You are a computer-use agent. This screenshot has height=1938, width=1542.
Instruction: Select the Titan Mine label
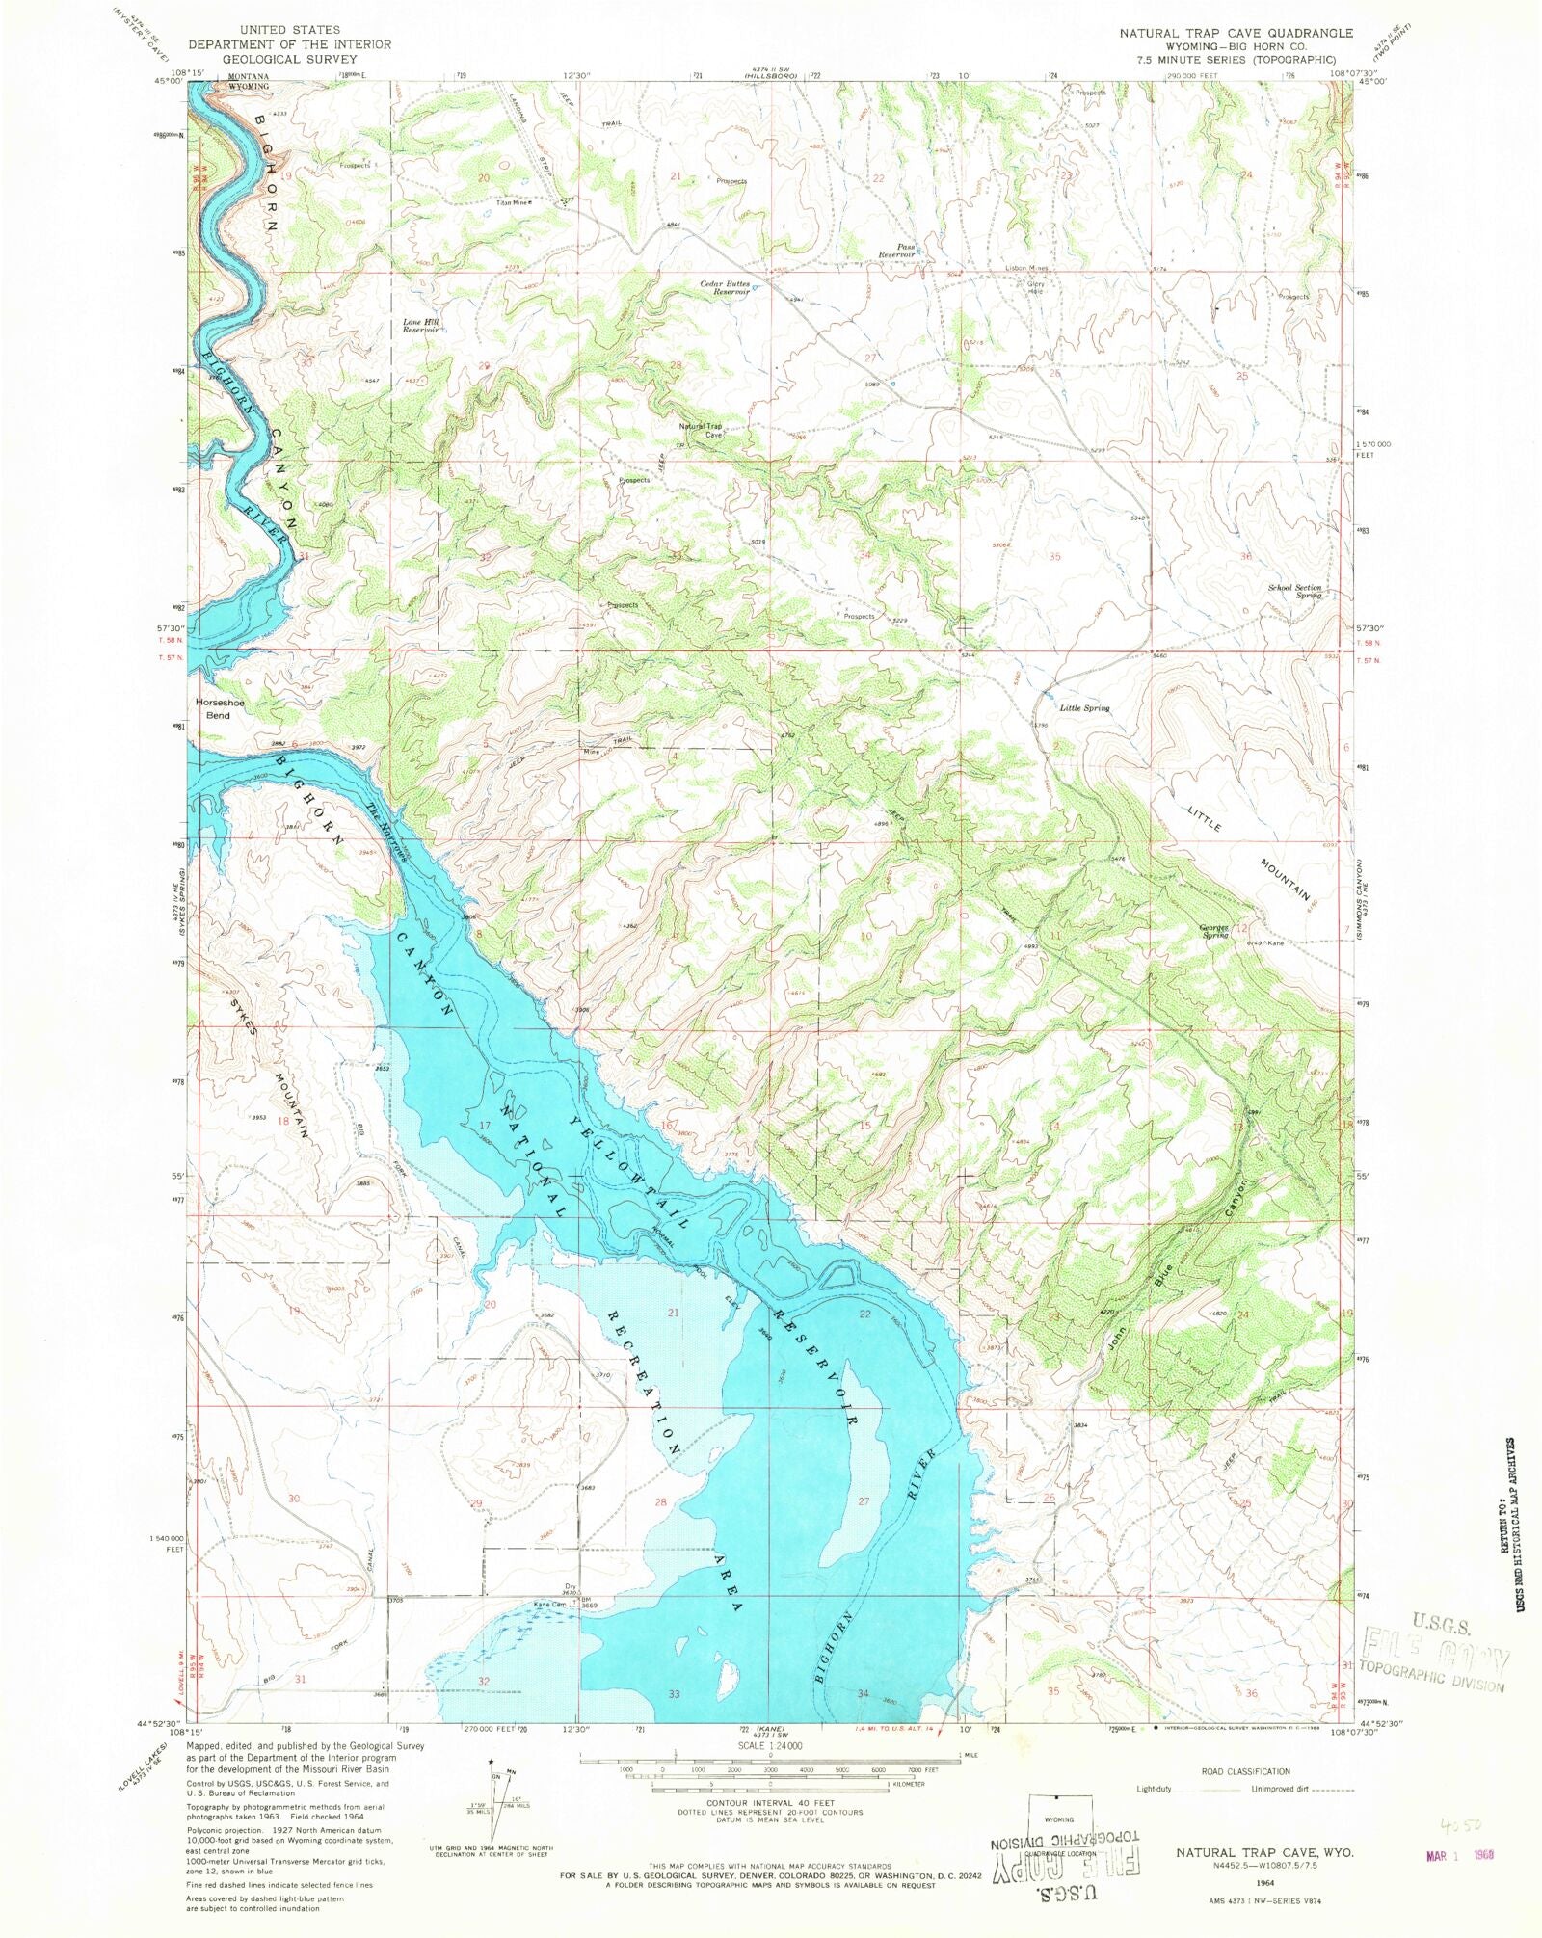(514, 203)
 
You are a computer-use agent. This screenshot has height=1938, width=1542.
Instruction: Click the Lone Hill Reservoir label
(421, 325)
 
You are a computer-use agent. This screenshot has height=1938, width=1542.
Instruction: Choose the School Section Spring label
(1294, 591)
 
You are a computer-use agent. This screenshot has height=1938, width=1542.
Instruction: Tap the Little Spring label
(1084, 708)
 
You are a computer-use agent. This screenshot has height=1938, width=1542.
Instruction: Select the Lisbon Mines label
(1025, 268)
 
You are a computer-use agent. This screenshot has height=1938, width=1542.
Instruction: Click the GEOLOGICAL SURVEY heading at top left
(289, 58)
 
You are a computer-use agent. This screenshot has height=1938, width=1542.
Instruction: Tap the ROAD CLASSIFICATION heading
(1245, 1771)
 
